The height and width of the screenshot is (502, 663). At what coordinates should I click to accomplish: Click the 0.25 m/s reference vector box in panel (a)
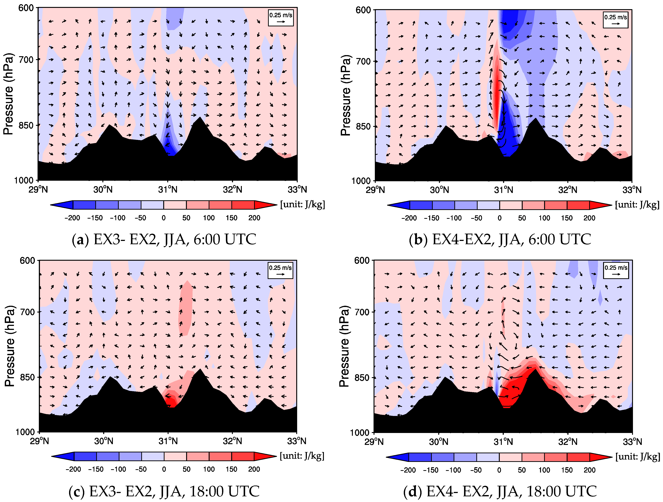280,18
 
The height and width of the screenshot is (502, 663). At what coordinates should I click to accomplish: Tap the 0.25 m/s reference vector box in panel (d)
616,270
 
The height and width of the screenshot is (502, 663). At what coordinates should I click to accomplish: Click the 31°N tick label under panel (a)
168,190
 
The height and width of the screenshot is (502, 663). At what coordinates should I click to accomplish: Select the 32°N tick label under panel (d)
568,442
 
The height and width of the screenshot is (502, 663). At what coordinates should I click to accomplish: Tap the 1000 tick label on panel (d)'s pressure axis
360,432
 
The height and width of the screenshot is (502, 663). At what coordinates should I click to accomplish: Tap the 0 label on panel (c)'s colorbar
164,469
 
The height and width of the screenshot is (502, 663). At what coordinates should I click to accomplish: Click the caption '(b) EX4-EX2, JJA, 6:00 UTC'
500,240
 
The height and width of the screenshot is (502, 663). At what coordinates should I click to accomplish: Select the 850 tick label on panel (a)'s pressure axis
26,126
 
